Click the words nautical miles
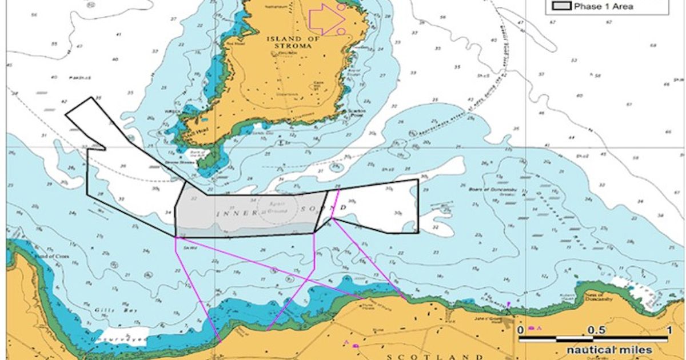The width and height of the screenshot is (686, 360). pos(609,350)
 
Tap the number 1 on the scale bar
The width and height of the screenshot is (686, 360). pos(668,330)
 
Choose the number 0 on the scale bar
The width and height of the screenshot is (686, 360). pos(521,330)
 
